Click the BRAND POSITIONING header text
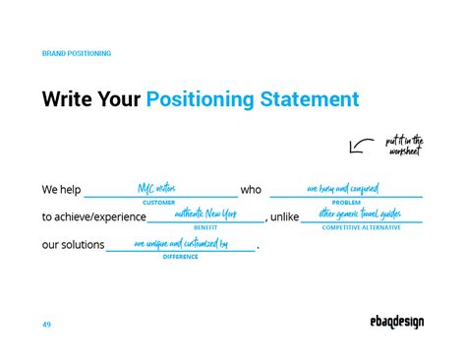pos(77,53)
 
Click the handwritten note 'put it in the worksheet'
pos(403,146)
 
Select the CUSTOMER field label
pos(159,202)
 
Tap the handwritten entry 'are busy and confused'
pos(342,188)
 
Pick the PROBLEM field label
pos(346,202)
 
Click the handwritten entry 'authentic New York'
pos(205,213)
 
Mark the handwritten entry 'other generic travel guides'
pos(360,213)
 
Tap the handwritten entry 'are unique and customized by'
pos(181,242)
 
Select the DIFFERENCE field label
pos(181,257)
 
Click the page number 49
pos(47,324)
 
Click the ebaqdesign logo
pos(389,323)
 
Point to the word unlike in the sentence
pos(284,216)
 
